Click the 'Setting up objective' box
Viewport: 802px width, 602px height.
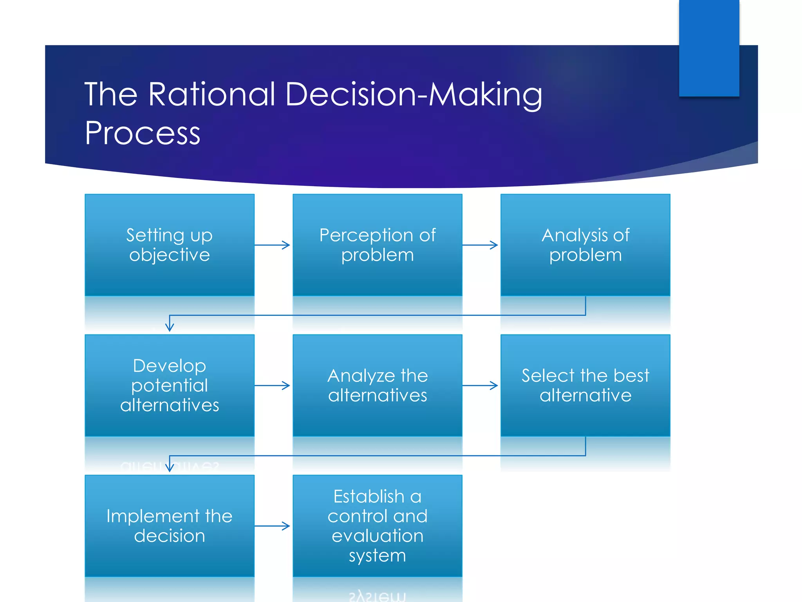[x=170, y=245]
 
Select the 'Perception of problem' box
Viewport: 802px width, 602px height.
[x=378, y=245]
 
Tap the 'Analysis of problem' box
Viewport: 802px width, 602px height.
[x=585, y=245]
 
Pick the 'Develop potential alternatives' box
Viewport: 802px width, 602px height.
[x=170, y=385]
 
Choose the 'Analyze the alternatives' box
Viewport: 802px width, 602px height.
[x=378, y=385]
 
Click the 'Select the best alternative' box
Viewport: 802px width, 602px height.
[x=585, y=385]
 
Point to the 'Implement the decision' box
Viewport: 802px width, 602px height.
[x=170, y=526]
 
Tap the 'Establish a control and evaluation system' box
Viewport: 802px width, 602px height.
[x=378, y=526]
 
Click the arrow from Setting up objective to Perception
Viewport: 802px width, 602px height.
[x=273, y=245]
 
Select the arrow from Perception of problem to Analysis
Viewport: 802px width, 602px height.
[x=480, y=245]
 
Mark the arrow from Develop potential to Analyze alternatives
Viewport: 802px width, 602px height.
[x=273, y=386]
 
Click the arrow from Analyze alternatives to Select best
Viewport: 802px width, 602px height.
[x=480, y=386]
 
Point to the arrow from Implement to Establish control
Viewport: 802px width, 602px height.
[x=273, y=526]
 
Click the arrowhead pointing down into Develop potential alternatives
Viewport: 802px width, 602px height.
[x=170, y=327]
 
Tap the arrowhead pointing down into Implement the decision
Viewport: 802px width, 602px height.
[x=170, y=467]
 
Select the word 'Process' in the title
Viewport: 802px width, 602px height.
[x=143, y=133]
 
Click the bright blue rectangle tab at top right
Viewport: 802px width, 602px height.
[x=709, y=48]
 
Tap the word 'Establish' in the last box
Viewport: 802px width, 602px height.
[x=368, y=497]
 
